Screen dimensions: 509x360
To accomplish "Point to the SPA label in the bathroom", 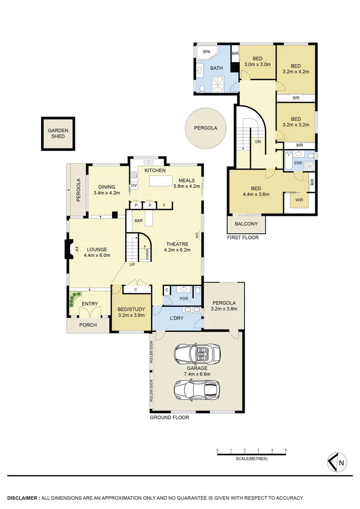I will point(206,52).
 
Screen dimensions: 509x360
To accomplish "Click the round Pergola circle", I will point(205,128).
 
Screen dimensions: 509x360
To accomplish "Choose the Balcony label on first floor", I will point(246,224).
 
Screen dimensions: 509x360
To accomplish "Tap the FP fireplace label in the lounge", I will point(75,249).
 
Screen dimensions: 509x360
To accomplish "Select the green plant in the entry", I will point(74,299).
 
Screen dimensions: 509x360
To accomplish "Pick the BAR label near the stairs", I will point(139,221).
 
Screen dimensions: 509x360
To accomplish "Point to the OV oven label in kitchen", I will point(133,186).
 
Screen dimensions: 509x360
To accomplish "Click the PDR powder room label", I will point(184,298).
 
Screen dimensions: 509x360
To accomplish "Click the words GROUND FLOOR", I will point(169,418).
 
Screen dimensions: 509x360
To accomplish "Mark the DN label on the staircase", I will point(258,142).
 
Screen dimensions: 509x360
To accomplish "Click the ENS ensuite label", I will point(298,163).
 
